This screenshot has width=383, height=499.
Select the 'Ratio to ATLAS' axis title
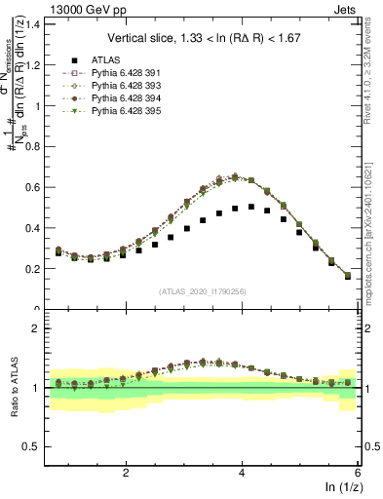pos(13,388)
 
